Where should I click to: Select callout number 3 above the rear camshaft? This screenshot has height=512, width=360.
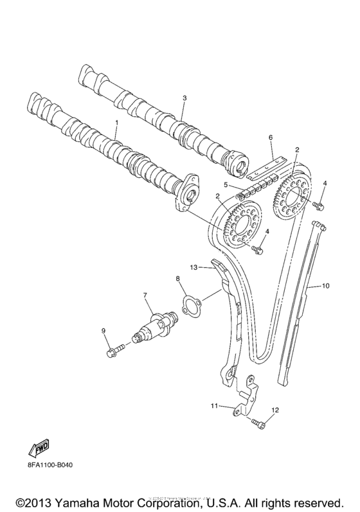click(x=184, y=98)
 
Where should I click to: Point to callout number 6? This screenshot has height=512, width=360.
click(x=271, y=137)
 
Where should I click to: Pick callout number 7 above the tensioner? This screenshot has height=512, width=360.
click(x=145, y=295)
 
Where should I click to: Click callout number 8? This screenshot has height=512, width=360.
click(x=177, y=278)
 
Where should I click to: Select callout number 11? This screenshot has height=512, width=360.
click(x=215, y=405)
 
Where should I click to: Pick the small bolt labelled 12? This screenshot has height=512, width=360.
click(x=258, y=423)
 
